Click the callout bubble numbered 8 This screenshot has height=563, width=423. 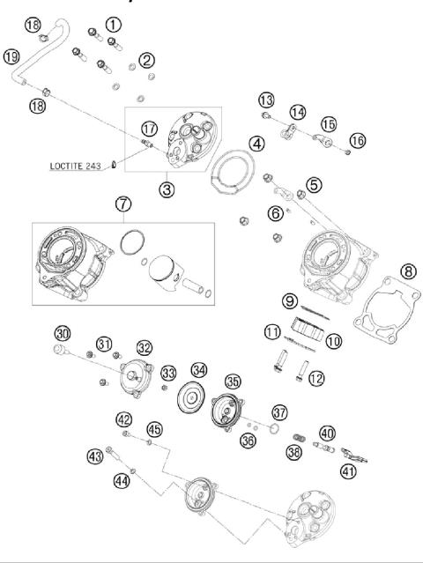point(408,273)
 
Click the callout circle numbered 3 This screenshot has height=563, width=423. point(167,188)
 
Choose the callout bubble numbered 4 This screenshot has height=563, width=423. point(256,143)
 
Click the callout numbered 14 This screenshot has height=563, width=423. point(298,112)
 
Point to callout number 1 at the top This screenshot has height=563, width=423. point(114,23)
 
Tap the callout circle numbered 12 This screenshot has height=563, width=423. point(315,378)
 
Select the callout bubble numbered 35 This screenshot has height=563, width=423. point(233,382)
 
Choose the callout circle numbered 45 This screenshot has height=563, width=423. point(154,429)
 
